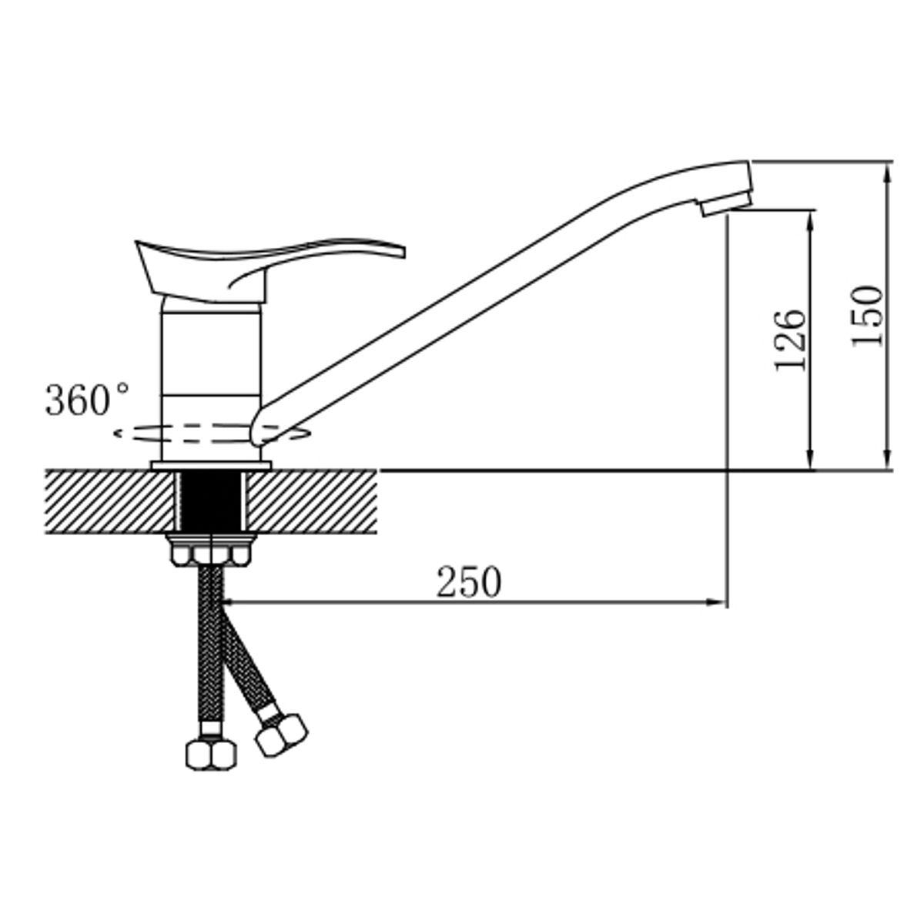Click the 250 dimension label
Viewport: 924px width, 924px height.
click(x=468, y=582)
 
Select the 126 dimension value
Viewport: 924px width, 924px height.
click(x=790, y=340)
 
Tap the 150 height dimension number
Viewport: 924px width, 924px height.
click(x=866, y=317)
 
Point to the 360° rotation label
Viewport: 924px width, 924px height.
click(x=86, y=400)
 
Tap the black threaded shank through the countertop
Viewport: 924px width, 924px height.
click(x=212, y=501)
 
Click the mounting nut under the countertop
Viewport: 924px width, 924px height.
click(x=211, y=550)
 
